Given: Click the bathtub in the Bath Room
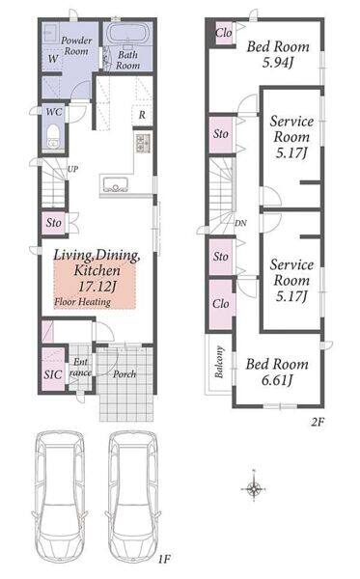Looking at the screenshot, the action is pos(128,34).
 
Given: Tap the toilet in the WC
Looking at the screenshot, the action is pos(54,135).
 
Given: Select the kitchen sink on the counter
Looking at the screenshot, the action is pos(116,184).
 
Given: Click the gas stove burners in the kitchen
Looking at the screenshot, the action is pos(143,143).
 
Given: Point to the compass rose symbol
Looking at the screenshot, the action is pos(254,489).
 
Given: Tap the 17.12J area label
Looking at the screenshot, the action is pos(97,287).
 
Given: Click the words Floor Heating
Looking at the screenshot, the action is pos(82,302).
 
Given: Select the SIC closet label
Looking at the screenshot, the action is pos(53,374).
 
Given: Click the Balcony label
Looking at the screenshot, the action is pos(219,362).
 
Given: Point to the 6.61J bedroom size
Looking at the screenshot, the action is pos(277,379).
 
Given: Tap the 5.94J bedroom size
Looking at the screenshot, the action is pos(278,63).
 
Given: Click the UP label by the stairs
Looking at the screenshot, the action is pos(72,169).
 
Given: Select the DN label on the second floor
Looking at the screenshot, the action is pos(240,223).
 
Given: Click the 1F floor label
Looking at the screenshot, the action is pos(164,559).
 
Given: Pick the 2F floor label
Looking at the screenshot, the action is pos(318,422).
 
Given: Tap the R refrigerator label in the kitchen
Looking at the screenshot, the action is pos(142,115).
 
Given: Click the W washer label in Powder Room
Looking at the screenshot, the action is pos(53,58).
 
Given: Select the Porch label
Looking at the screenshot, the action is pos(125,374).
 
